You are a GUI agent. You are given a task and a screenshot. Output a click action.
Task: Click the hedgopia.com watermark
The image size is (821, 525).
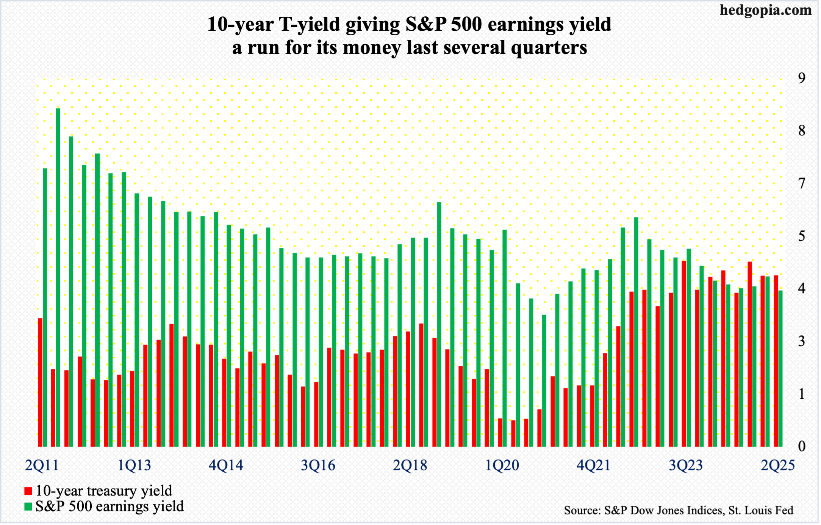765,10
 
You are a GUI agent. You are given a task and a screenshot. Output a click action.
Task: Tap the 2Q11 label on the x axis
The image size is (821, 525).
42,465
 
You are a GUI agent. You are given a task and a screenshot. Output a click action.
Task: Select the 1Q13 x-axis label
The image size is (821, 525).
134,465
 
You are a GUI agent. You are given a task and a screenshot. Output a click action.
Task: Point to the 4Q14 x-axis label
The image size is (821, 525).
226,465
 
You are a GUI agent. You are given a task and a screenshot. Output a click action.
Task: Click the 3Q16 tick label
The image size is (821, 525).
318,465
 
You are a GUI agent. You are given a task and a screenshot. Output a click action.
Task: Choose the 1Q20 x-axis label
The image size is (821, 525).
502,465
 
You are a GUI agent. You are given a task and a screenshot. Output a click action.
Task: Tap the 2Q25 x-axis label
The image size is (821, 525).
777,465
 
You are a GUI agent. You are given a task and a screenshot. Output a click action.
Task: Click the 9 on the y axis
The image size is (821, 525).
802,78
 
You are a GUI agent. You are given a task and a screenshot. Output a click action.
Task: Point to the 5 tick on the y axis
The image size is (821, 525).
802,236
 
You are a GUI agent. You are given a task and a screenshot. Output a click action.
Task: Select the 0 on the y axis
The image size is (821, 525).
802,446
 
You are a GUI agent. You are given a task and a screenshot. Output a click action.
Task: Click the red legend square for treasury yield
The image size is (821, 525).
28,491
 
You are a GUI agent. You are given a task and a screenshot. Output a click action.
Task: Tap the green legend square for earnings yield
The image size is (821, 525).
28,507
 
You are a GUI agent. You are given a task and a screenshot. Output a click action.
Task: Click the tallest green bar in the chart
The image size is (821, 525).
58,277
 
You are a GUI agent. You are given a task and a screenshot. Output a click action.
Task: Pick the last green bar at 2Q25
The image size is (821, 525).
780,368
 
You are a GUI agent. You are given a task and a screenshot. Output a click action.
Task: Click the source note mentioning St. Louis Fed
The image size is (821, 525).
678,510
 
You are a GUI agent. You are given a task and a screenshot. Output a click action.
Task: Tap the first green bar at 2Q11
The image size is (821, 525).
45,307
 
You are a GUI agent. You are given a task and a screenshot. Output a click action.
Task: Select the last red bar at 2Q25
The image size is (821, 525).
776,361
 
